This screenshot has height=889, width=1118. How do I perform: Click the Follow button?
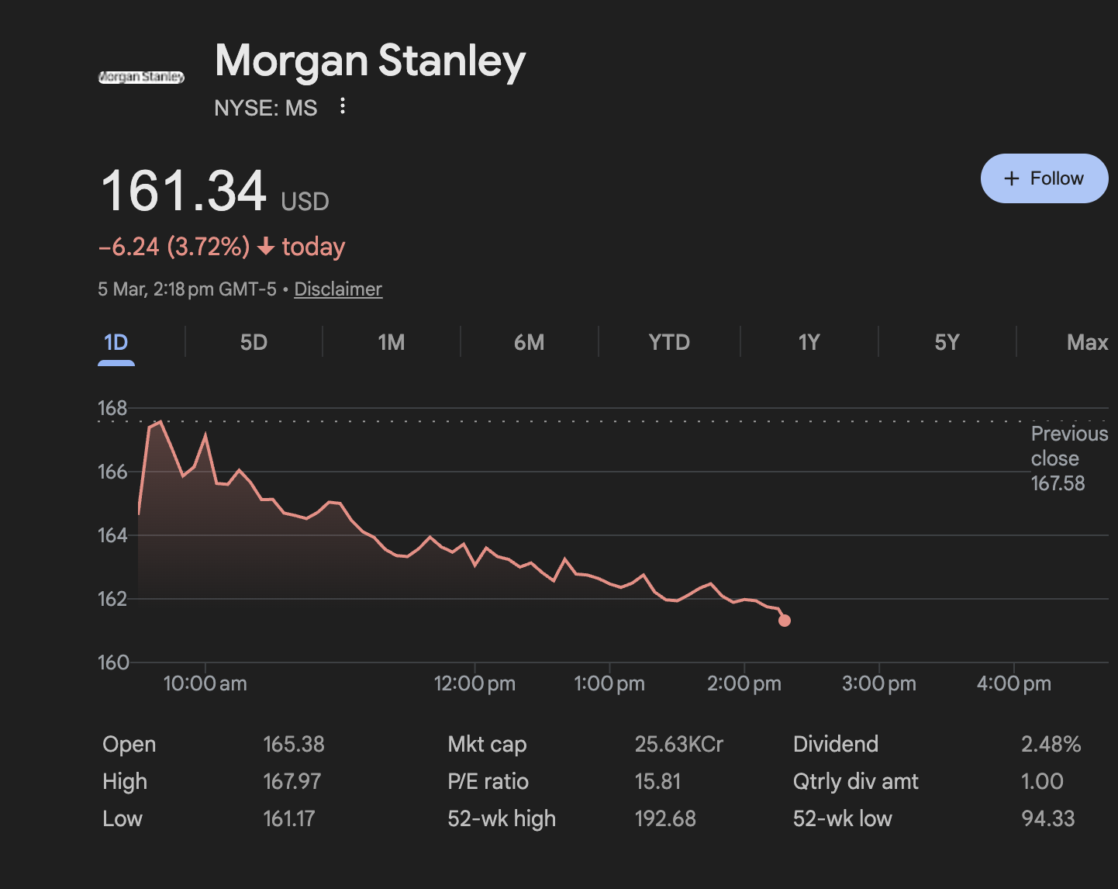(x=1044, y=178)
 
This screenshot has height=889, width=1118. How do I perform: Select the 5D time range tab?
(x=254, y=342)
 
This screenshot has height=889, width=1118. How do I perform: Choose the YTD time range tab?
(x=668, y=342)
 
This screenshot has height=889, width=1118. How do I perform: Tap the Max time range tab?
(x=1086, y=342)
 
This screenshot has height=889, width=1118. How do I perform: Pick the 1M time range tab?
(x=391, y=342)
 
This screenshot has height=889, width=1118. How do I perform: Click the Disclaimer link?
(x=338, y=289)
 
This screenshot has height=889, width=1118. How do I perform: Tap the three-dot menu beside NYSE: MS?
(x=343, y=106)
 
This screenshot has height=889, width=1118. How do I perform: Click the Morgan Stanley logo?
(x=141, y=77)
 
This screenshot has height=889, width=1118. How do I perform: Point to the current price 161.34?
(x=184, y=191)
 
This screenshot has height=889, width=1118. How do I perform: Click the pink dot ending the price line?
(x=785, y=620)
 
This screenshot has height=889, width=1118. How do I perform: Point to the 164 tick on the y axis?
(x=112, y=535)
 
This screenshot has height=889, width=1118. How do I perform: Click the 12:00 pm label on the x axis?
(x=474, y=683)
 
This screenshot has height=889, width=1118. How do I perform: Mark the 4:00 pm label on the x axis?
(x=1013, y=683)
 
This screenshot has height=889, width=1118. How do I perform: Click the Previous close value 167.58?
(x=1058, y=483)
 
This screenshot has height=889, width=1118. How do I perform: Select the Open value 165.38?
(x=294, y=744)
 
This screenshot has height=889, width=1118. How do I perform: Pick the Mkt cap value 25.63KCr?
(x=678, y=744)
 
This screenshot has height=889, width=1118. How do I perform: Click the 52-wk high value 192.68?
(x=665, y=818)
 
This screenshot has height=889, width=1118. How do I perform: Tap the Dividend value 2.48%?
(x=1051, y=744)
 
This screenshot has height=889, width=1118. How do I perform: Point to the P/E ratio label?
(x=488, y=781)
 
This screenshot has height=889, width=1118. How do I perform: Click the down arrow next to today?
(x=266, y=247)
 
